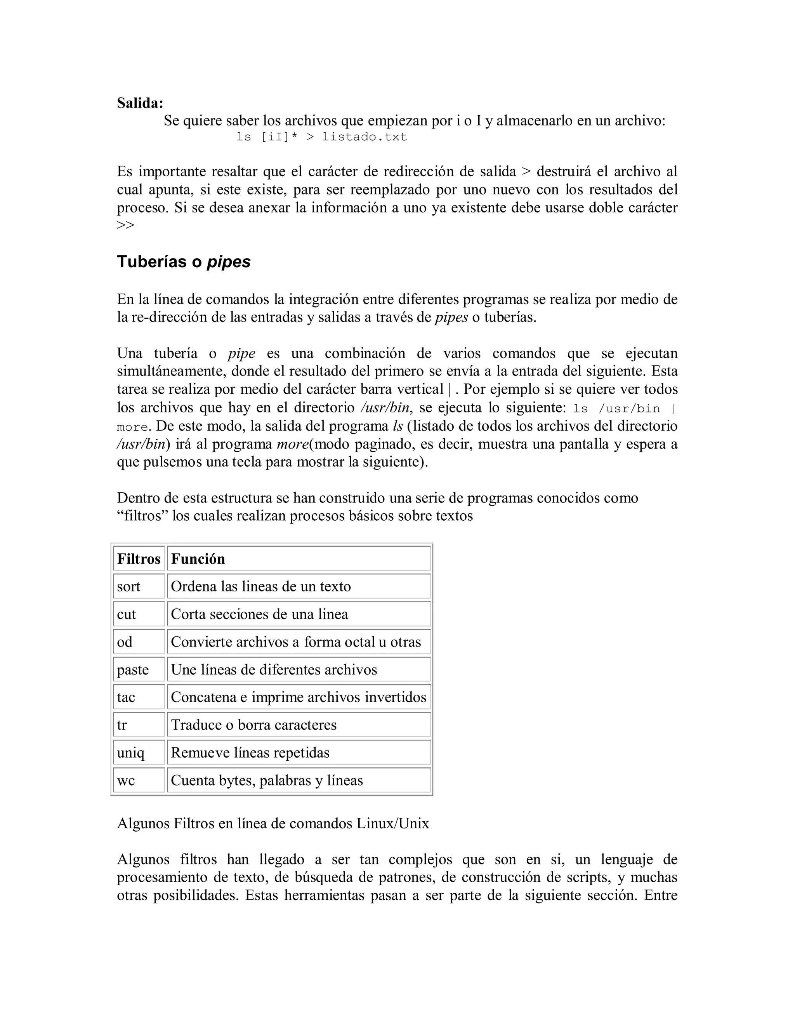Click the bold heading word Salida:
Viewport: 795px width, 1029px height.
[x=140, y=103]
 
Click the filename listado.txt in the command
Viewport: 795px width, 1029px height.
[x=364, y=137]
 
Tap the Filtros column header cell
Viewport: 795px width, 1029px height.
[x=139, y=559]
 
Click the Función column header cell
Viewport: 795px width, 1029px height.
[x=299, y=559]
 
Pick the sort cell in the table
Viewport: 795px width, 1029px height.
[x=139, y=587]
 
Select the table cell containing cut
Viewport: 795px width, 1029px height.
[x=139, y=614]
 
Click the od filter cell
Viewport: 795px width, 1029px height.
[x=139, y=642]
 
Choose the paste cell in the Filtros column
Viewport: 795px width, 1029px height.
[x=139, y=670]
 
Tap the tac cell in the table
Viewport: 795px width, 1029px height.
[x=139, y=697]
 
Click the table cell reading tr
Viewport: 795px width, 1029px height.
[x=139, y=725]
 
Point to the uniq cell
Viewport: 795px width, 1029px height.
[x=139, y=753]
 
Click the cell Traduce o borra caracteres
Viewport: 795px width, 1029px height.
[x=299, y=725]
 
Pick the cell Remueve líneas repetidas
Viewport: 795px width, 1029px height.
[x=299, y=753]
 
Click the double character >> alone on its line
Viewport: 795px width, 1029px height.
[x=126, y=225]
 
